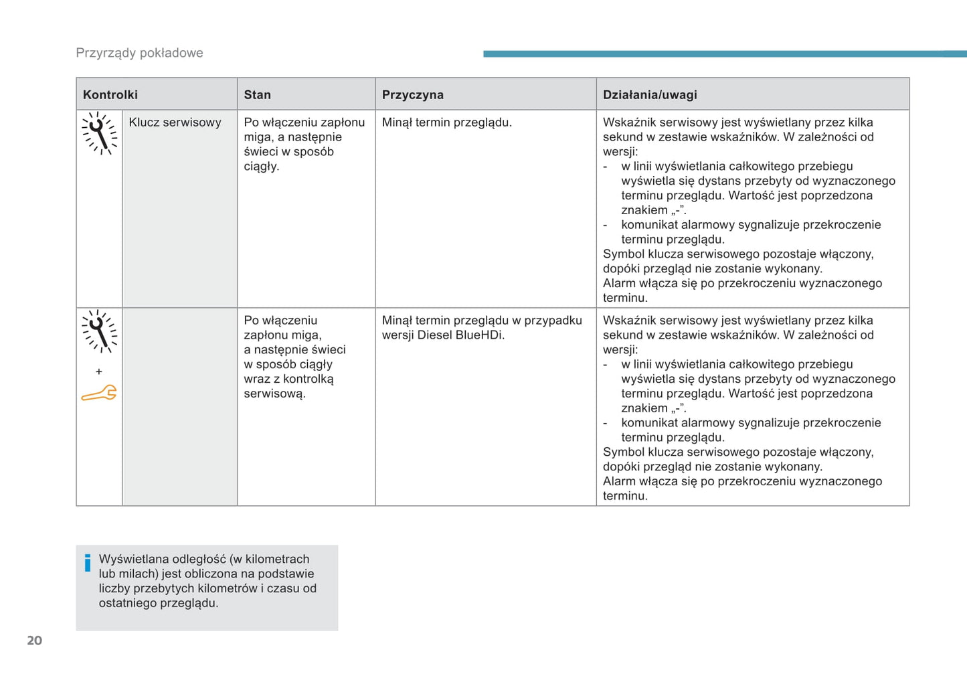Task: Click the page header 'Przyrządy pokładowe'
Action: [139, 53]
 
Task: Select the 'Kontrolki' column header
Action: [110, 95]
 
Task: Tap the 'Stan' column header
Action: [257, 95]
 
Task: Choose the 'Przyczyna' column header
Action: [412, 95]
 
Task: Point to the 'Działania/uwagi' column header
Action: [650, 95]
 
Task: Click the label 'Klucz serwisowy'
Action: [175, 122]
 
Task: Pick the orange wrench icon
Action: [99, 394]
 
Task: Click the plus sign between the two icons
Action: [99, 371]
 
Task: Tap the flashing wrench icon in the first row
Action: [99, 133]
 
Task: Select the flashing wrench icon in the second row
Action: [99, 331]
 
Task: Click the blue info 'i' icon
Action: [87, 564]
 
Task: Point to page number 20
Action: [34, 641]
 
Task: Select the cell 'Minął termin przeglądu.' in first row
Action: [446, 122]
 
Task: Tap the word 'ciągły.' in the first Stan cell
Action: [261, 167]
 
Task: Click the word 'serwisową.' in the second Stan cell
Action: [274, 394]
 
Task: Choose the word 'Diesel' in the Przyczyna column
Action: [434, 335]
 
